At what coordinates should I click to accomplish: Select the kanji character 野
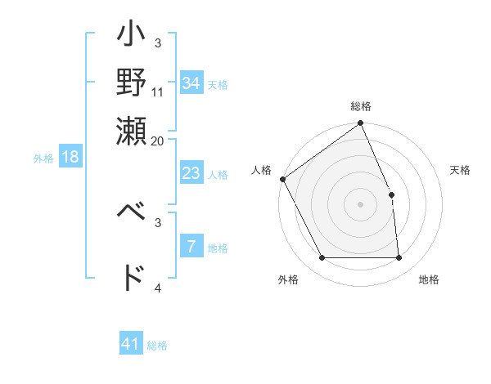pyautogui.click(x=132, y=84)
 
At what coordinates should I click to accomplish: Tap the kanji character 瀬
pyautogui.click(x=132, y=132)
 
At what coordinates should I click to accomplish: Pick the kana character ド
pyautogui.click(x=132, y=277)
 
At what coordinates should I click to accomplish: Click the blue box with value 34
pyautogui.click(x=191, y=83)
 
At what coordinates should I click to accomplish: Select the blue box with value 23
pyautogui.click(x=191, y=173)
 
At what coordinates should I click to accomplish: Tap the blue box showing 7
pyautogui.click(x=191, y=248)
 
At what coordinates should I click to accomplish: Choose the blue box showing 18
pyautogui.click(x=70, y=157)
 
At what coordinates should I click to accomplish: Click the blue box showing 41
pyautogui.click(x=131, y=344)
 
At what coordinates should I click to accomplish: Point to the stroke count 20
pyautogui.click(x=157, y=141)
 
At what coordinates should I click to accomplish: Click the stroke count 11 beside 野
pyautogui.click(x=158, y=92)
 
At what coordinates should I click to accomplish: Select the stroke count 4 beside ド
pyautogui.click(x=158, y=288)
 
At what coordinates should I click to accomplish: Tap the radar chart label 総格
pyautogui.click(x=361, y=107)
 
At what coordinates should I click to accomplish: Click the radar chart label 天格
pyautogui.click(x=460, y=170)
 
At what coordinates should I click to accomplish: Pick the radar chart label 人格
pyautogui.click(x=261, y=170)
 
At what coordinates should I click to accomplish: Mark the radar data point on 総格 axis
pyautogui.click(x=361, y=124)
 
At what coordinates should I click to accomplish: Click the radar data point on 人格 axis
pyautogui.click(x=282, y=179)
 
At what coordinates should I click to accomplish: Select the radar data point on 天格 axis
pyautogui.click(x=391, y=194)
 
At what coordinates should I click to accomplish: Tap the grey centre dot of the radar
pyautogui.click(x=361, y=204)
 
